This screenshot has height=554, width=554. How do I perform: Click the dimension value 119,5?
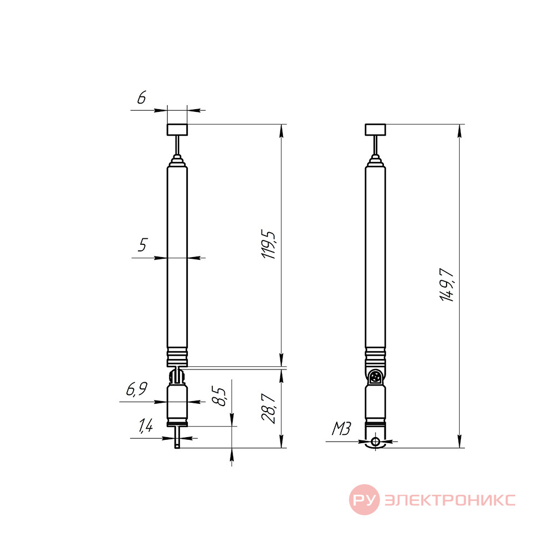pyautogui.click(x=269, y=245)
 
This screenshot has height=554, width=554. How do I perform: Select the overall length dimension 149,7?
pyautogui.click(x=447, y=285)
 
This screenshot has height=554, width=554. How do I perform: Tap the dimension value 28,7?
pyautogui.click(x=269, y=408)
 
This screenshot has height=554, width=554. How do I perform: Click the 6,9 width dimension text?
pyautogui.click(x=137, y=389)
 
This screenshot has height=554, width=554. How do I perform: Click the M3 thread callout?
pyautogui.click(x=341, y=429)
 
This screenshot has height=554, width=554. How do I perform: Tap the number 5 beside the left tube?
pyautogui.click(x=143, y=244)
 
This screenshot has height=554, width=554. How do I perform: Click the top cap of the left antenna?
pyautogui.click(x=177, y=130)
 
